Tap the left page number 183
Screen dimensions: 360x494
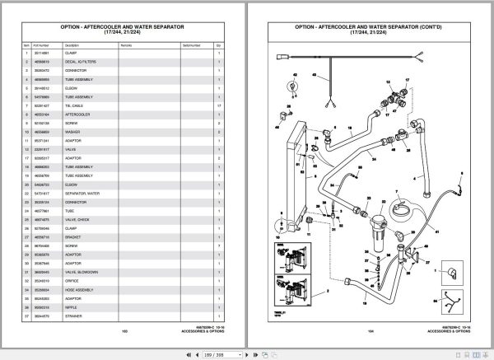126,330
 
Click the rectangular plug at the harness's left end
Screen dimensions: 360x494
282,58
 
